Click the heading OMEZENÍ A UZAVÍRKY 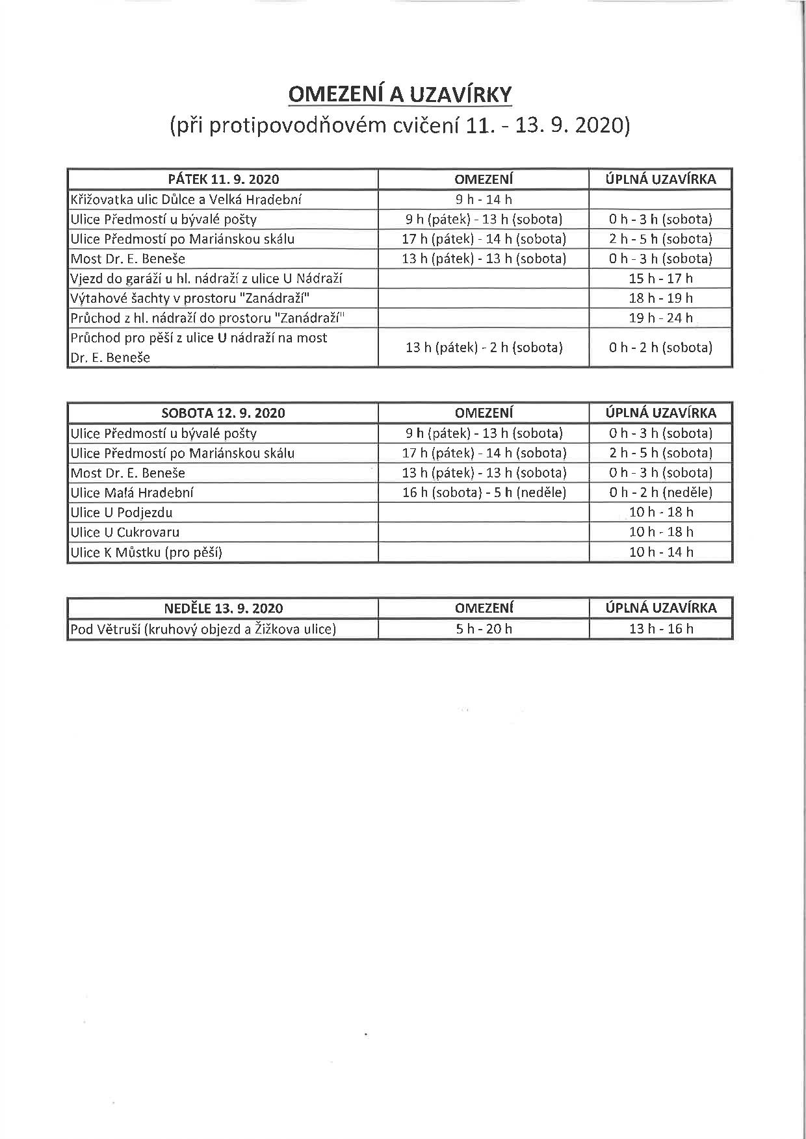point(400,94)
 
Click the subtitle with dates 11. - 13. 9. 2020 point(400,125)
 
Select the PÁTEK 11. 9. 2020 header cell point(223,179)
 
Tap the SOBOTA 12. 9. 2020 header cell point(223,413)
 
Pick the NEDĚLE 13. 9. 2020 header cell point(223,609)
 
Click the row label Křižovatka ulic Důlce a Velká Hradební point(186,199)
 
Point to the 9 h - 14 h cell point(484,199)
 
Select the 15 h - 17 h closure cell point(660,279)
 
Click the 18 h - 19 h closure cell point(660,298)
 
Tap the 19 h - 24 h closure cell point(660,318)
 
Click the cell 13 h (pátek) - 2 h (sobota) point(484,348)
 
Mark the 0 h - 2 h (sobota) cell point(660,348)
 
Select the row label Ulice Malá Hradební point(132,493)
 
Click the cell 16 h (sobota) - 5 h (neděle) point(484,493)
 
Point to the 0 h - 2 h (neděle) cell point(660,493)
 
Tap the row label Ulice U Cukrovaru point(125,532)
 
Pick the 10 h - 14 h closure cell point(660,552)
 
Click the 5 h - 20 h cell point(484,629)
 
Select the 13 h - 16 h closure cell point(660,629)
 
